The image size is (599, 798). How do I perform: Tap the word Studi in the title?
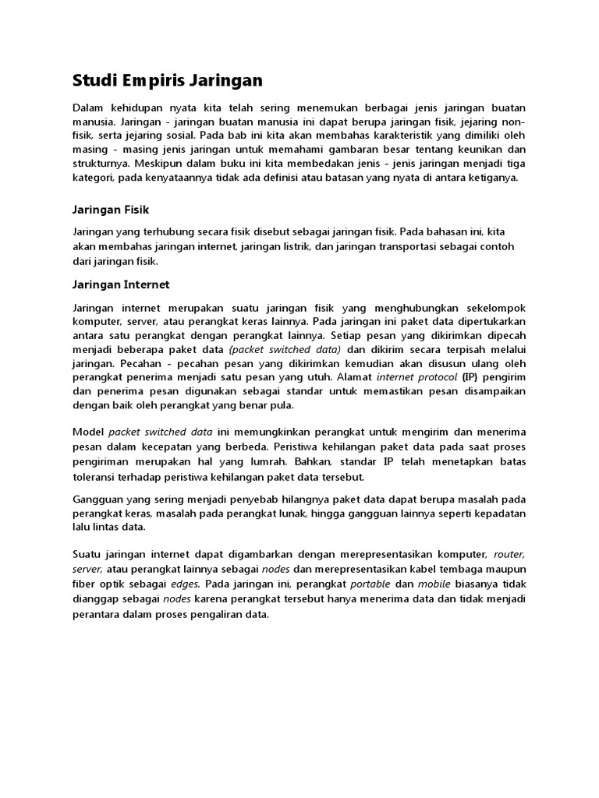92,79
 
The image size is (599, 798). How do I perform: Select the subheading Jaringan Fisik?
110,210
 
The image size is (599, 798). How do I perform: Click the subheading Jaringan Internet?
120,284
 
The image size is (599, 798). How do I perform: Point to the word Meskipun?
161,163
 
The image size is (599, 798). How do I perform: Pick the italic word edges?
186,583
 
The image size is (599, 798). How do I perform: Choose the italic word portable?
369,583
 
